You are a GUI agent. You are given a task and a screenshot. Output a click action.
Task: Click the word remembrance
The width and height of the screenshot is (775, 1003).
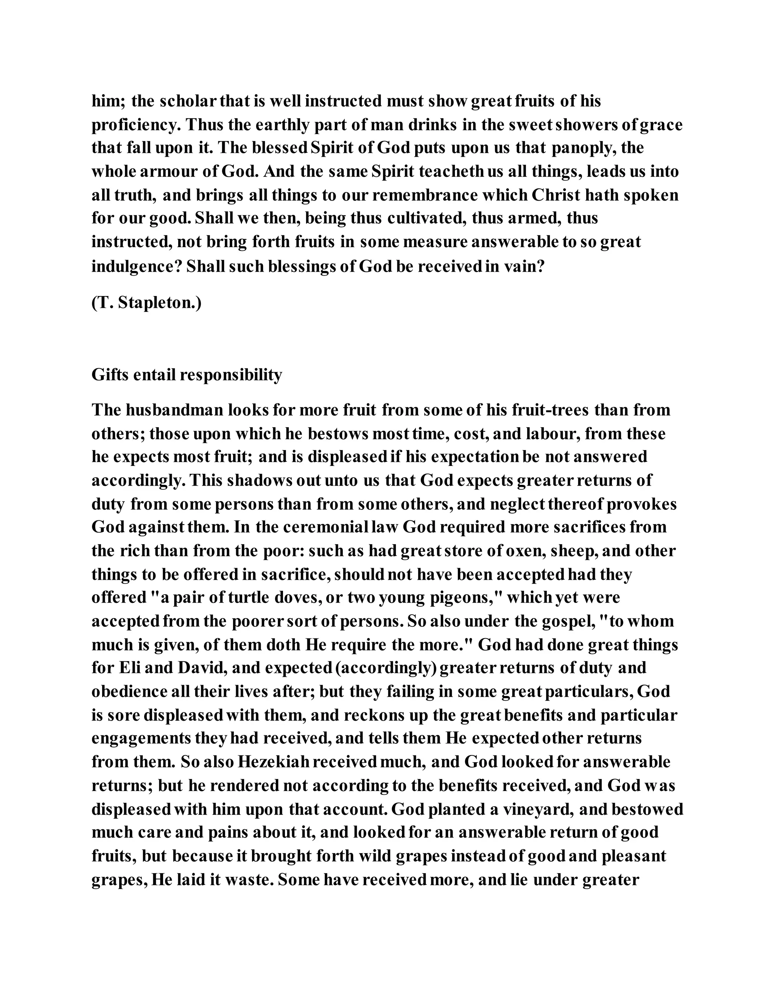[x=425, y=195]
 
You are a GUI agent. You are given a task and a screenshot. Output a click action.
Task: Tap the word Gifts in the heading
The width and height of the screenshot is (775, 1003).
[x=110, y=375]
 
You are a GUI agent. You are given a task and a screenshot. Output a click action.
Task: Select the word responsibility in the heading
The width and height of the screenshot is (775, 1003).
[x=230, y=375]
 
